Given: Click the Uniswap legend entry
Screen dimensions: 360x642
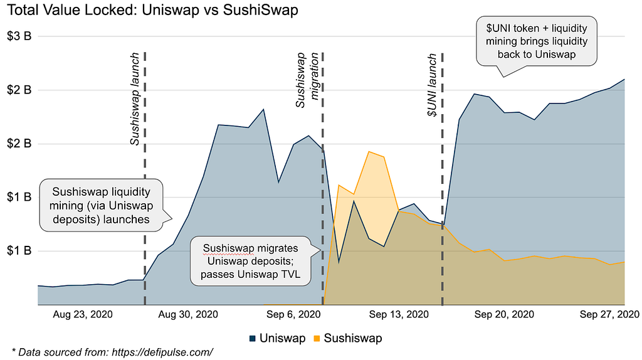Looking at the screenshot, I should pos(276,338).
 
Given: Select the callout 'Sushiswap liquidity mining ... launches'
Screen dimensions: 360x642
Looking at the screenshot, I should pos(101,205).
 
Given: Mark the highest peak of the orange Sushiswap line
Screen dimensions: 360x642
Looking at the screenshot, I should pos(369,152).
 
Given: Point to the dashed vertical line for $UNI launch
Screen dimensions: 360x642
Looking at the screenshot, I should pos(442,188).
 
